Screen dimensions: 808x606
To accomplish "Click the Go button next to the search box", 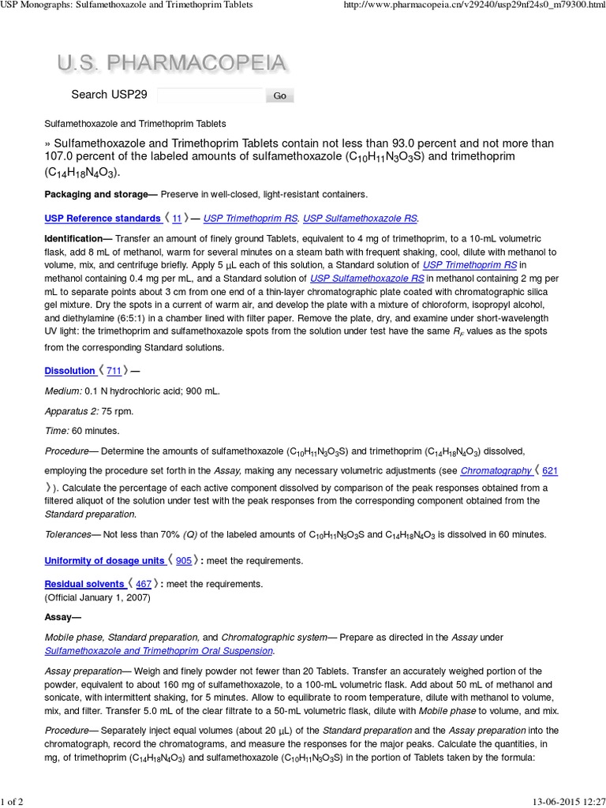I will (279, 95).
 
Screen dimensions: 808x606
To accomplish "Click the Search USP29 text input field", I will (210, 95).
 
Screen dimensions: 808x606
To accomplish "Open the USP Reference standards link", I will (102, 218).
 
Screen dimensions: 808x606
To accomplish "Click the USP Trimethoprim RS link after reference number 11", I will (250, 218).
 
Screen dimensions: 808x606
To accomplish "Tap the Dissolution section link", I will (69, 371).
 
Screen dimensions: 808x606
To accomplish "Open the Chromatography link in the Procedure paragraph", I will (496, 471).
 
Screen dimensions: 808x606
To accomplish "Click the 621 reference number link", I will (550, 471).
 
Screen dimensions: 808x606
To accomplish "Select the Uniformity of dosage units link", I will (104, 561).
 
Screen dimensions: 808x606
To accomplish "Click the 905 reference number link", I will (183, 561).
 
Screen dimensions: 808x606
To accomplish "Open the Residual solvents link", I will (85, 584).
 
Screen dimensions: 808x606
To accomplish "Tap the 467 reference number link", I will (144, 584).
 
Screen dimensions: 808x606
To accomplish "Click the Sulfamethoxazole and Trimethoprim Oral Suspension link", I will (159, 651).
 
